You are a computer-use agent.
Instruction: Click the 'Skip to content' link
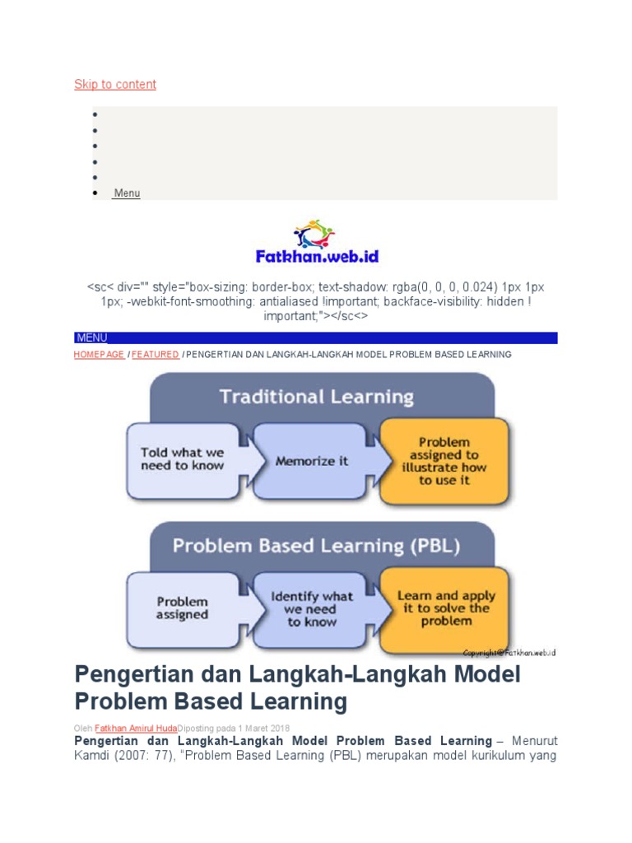tap(115, 84)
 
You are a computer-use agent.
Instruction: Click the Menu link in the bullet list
tap(127, 193)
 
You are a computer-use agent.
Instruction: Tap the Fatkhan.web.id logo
tap(317, 243)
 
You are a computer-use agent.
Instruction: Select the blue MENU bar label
tap(91, 338)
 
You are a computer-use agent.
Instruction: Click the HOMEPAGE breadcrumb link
tap(98, 354)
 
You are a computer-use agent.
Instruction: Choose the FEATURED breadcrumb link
tap(156, 354)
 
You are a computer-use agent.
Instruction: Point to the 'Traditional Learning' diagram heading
tap(316, 397)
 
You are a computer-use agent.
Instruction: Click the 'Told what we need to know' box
tap(183, 459)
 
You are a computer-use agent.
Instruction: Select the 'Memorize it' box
tap(312, 461)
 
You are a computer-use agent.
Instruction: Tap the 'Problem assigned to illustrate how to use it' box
tap(444, 461)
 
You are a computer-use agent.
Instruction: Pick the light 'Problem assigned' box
tap(183, 608)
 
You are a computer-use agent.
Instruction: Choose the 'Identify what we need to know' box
tap(312, 608)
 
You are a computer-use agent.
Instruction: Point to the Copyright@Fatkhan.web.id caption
tap(509, 653)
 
